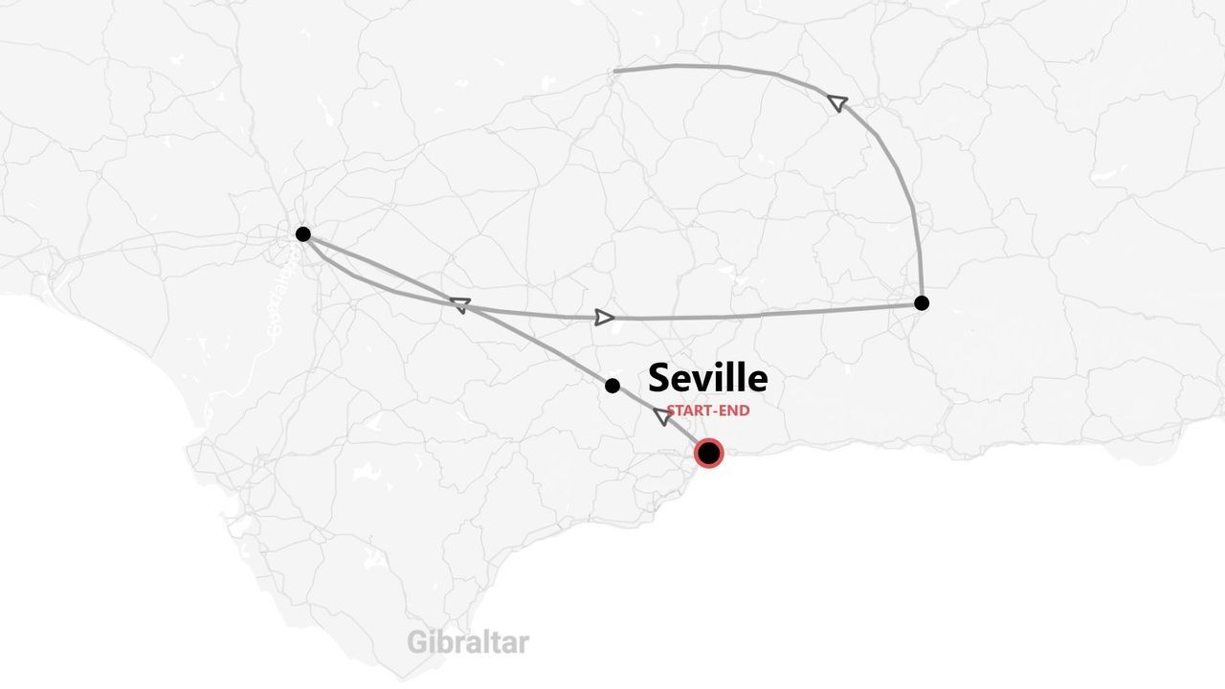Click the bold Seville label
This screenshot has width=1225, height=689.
tap(707, 379)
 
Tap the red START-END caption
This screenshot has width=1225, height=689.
tap(708, 411)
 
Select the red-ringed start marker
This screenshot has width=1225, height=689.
tap(708, 453)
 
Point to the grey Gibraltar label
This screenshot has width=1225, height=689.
tap(467, 642)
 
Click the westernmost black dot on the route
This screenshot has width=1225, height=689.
tap(303, 234)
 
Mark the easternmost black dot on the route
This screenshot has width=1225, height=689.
tap(921, 303)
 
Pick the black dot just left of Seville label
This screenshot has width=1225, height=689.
tap(612, 386)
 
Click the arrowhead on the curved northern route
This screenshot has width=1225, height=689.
tap(837, 101)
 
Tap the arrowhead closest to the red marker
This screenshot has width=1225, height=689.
tap(661, 415)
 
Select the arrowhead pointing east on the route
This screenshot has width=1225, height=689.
tap(604, 318)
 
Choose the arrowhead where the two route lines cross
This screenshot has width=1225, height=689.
tap(460, 305)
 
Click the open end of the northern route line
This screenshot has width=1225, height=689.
tap(614, 71)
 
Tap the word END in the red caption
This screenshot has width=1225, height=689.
tap(735, 411)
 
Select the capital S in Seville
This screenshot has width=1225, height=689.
tap(660, 379)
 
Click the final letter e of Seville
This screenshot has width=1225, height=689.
tap(757, 381)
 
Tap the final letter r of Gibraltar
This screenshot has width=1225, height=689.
tap(523, 644)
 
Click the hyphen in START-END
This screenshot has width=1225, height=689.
tap(717, 411)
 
